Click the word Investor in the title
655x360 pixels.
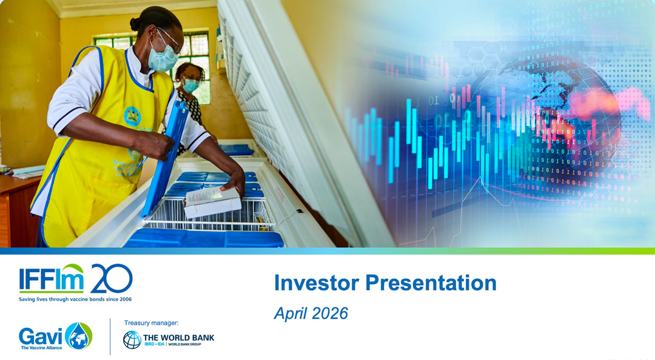point(311,283)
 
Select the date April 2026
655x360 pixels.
point(311,313)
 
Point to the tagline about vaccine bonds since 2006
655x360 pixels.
point(75,299)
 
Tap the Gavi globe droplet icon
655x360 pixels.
point(79,336)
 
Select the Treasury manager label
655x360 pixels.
point(151,323)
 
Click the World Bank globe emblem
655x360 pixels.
point(132,339)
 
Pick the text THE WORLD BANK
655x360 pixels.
point(178,337)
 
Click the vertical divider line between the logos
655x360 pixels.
point(110,336)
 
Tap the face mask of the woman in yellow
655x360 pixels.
point(163,59)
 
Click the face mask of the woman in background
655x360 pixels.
point(191,85)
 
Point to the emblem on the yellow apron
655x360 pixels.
point(132,116)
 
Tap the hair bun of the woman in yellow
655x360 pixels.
point(135,24)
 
